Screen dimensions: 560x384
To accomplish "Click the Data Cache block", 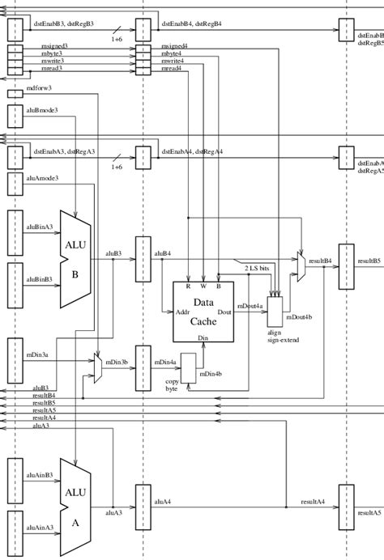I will tap(203, 312).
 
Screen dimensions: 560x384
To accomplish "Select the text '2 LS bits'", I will tap(257, 265).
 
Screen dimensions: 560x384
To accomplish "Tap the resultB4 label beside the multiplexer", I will tap(321, 261).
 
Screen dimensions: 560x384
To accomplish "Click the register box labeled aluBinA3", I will tap(15, 232).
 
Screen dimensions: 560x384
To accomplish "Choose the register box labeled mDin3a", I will tap(15, 360).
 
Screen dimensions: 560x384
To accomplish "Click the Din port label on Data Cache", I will tap(203, 337).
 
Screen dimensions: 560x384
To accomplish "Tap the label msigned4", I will tap(175, 46).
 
